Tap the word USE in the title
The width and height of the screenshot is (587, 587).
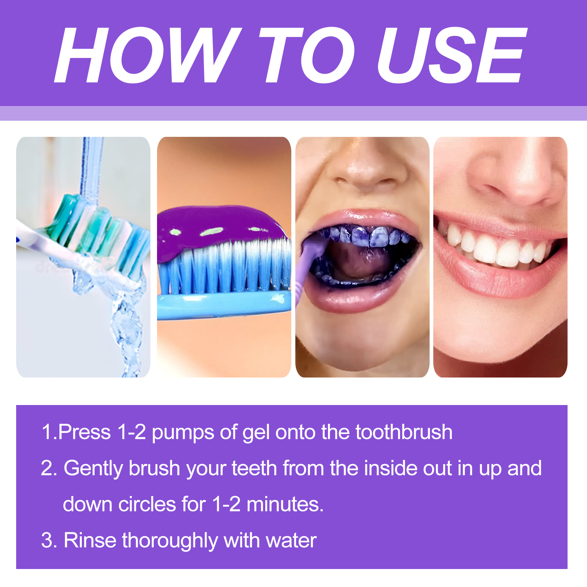[451, 55]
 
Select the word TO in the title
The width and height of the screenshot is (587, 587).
[306, 55]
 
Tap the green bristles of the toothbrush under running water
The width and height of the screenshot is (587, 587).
[92, 224]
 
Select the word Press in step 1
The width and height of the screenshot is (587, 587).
[84, 432]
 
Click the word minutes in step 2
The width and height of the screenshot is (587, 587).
[284, 504]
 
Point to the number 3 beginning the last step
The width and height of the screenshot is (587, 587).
[47, 540]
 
